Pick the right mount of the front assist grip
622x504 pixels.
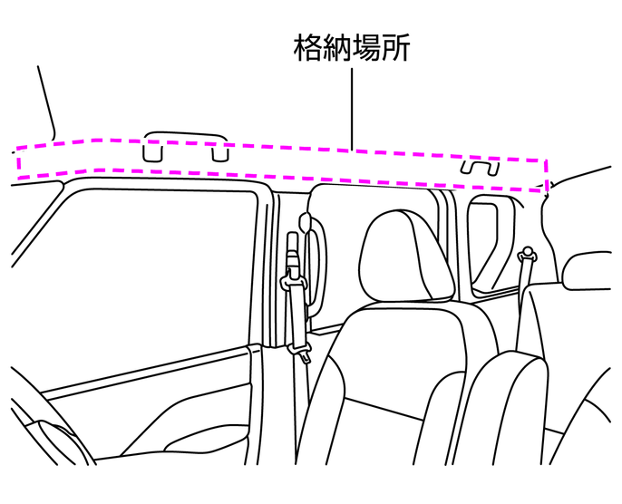click(x=219, y=153)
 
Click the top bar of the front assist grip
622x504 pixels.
click(x=186, y=134)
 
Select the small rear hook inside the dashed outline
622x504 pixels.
click(x=479, y=168)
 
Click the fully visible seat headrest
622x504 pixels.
click(x=404, y=255)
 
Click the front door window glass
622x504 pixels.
click(x=154, y=272)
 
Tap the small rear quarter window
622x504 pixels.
click(x=487, y=245)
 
